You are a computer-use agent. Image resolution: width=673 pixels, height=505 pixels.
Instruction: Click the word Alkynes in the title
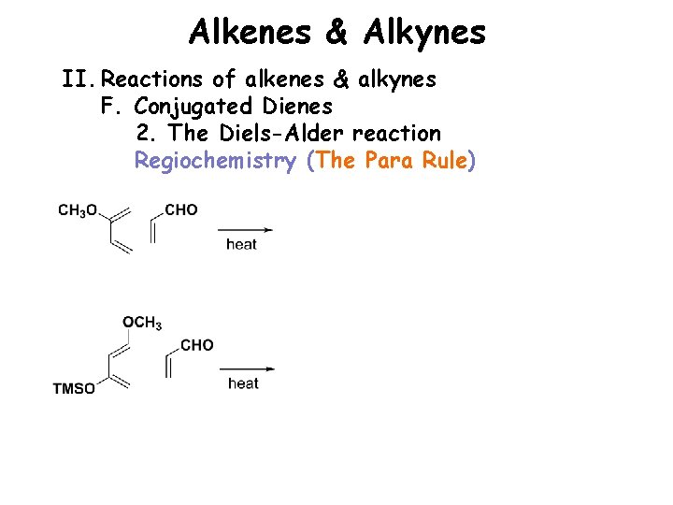(424, 34)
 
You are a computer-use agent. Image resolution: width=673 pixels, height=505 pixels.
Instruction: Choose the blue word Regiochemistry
(216, 161)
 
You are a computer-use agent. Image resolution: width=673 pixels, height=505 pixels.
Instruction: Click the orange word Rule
(445, 161)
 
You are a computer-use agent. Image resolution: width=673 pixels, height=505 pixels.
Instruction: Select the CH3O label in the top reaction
(78, 210)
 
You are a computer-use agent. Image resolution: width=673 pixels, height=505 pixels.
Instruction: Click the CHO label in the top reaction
(181, 210)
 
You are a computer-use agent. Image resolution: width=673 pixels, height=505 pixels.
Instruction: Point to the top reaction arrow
(245, 229)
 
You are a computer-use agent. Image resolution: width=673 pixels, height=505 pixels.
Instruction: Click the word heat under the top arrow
(241, 245)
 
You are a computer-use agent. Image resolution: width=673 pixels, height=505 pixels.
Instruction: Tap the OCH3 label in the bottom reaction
(142, 324)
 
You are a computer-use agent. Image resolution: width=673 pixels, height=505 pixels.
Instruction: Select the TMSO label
(74, 389)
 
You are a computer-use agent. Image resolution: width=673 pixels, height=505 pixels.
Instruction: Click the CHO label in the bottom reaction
(196, 346)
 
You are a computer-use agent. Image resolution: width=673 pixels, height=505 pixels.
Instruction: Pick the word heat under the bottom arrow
(243, 383)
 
